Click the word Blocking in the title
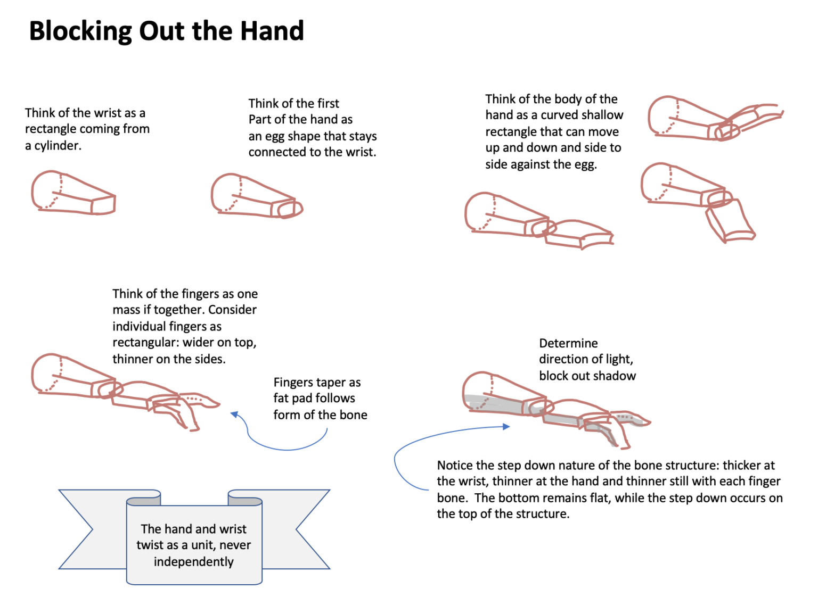point(80,31)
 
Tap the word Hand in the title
point(272,31)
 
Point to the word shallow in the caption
point(602,115)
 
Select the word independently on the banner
point(194,562)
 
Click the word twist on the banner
point(151,545)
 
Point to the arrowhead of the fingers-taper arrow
point(234,414)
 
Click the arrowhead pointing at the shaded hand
point(506,426)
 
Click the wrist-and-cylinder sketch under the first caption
point(73,194)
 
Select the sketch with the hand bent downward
point(698,202)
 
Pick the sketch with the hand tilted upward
point(714,119)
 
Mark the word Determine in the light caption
point(568,344)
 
